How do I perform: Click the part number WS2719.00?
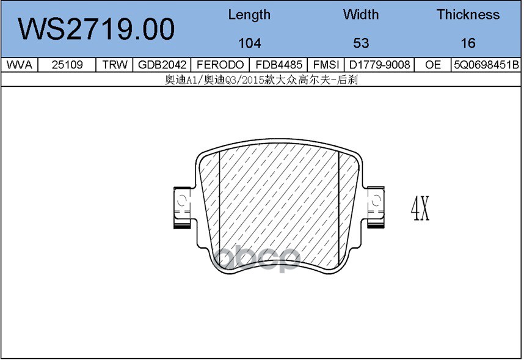(96, 29)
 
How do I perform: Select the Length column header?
(249, 15)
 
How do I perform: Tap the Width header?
(361, 15)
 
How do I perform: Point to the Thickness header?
(468, 15)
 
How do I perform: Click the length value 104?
(250, 43)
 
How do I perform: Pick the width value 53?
(361, 43)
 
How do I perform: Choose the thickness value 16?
(468, 43)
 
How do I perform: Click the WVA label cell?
(20, 65)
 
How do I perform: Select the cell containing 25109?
(67, 65)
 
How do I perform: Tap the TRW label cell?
(115, 65)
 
